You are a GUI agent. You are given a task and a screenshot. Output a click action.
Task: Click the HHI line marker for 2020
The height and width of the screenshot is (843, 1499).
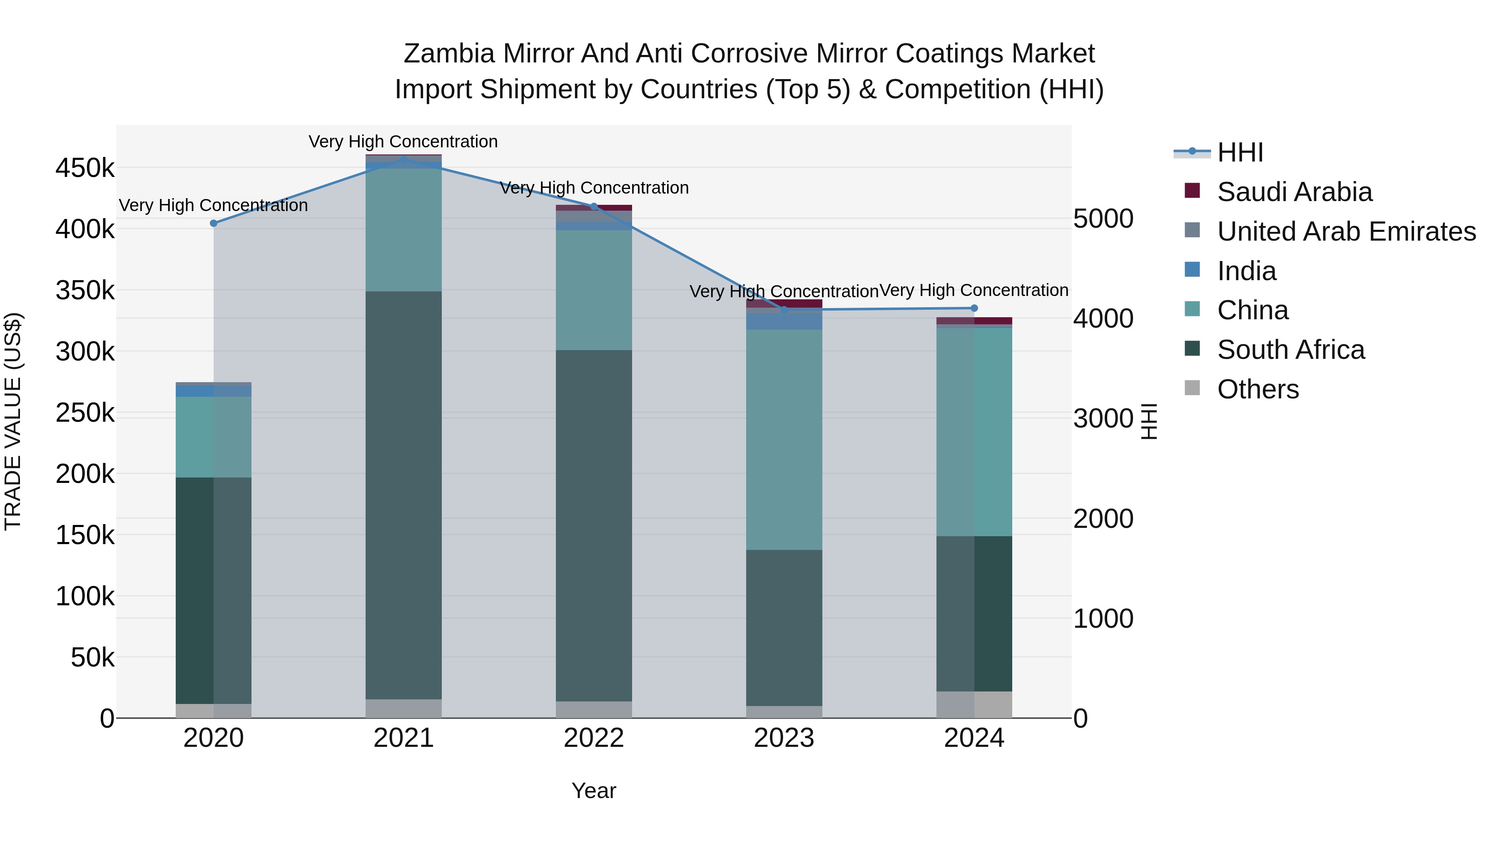214,224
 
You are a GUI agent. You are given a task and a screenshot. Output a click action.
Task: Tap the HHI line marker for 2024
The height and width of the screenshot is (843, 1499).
974,308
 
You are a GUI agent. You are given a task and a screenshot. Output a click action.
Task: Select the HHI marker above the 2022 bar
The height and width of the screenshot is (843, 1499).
593,206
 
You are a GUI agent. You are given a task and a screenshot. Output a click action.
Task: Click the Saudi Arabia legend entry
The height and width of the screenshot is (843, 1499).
1295,192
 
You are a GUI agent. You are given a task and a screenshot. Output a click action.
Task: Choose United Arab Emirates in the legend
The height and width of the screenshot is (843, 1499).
1346,231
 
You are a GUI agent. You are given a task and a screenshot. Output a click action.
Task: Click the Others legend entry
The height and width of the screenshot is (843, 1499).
1257,389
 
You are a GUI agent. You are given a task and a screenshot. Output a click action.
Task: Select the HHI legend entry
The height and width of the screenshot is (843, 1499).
1240,152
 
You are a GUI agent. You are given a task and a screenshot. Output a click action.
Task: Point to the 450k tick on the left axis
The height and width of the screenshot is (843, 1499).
85,169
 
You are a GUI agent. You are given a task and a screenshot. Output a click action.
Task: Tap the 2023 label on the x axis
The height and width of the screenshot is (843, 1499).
784,738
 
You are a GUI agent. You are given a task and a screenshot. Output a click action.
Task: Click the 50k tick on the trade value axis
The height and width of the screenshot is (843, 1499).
92,658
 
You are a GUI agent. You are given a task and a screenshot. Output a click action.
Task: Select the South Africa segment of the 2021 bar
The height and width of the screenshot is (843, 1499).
403,495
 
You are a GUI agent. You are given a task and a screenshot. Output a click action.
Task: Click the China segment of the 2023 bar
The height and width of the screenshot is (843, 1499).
784,439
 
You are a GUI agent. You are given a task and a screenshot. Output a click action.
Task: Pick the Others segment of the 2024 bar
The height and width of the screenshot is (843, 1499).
974,704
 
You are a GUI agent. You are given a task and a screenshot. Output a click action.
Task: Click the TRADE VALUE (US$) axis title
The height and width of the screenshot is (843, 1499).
13,421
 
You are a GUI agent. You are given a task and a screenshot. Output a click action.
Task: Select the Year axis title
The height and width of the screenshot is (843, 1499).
593,791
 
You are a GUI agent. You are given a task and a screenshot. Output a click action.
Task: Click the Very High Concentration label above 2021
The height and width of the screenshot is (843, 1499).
403,142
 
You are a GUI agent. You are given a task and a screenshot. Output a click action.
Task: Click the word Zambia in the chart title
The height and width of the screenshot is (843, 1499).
448,54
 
